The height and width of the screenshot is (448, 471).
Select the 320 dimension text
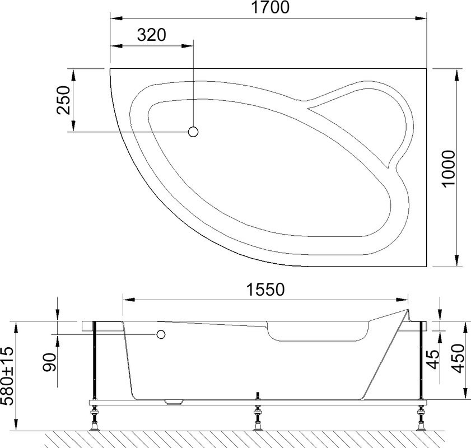tap(152, 35)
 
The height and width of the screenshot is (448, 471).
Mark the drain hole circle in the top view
tap(194, 132)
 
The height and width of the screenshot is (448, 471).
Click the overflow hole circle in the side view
tap(161, 335)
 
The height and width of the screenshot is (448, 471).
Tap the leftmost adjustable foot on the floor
tap(94, 421)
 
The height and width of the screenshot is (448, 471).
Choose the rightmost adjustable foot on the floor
tap(421, 421)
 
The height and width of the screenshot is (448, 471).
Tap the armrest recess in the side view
tap(316, 334)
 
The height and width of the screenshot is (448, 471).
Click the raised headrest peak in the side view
tap(407, 312)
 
